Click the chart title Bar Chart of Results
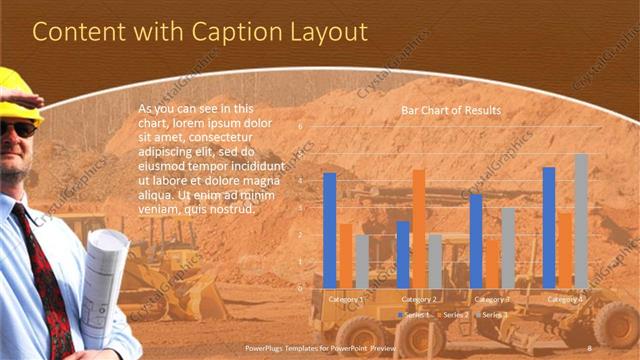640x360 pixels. pos(451,110)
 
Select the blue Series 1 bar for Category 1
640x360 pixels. pos(330,230)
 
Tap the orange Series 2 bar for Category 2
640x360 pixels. pos(418,228)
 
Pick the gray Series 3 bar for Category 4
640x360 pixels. pos(581,220)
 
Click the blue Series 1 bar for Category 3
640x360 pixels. pos(476,240)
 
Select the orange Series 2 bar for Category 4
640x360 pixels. pos(565,249)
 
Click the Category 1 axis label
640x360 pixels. pos(346,299)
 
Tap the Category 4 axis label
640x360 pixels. pos(565,299)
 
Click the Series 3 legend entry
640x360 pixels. pos(495,315)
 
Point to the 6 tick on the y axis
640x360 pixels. pos(300,128)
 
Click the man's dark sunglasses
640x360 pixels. pos(16,128)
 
